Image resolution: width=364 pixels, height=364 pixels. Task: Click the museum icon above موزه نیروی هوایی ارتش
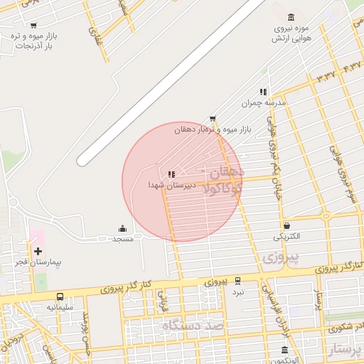[x=291, y=17]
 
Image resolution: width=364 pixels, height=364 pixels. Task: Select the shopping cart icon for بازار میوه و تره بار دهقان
[x=213, y=119]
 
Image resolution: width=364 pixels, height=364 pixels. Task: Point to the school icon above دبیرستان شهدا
[x=171, y=173]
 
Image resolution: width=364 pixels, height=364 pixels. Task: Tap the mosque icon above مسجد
[x=122, y=228]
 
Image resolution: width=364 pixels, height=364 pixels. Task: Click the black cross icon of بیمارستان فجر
[x=38, y=251]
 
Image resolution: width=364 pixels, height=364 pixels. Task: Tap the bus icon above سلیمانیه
[x=60, y=296]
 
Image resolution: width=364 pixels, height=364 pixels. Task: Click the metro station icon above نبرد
[x=237, y=281]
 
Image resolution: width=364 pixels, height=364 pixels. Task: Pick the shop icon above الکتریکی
[x=287, y=225]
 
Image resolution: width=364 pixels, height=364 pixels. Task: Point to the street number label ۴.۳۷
[x=352, y=66]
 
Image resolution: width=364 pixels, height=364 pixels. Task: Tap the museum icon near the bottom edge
[x=284, y=350]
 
